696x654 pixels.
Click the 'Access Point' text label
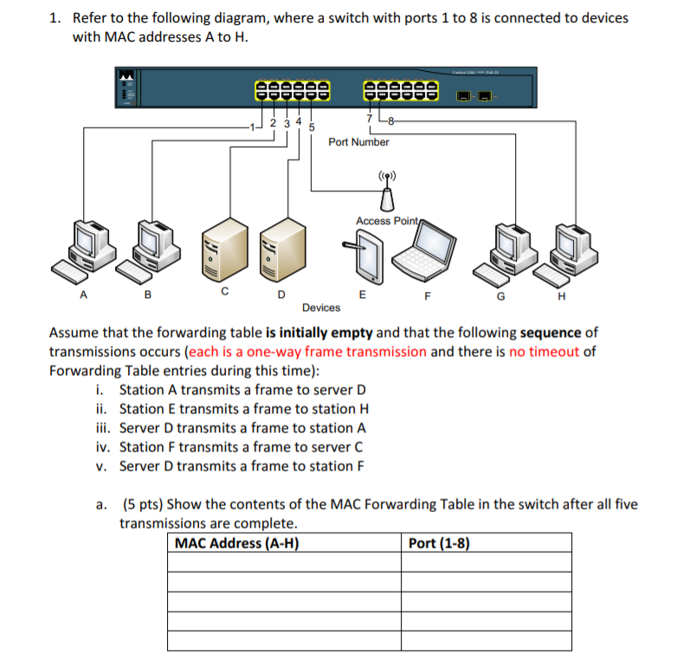[386, 221]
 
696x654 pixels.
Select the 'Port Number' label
[358, 142]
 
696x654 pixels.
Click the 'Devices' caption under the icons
[321, 308]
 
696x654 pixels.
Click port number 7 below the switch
[370, 118]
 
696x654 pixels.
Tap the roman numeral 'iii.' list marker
[103, 428]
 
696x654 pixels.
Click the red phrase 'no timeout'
[545, 352]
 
